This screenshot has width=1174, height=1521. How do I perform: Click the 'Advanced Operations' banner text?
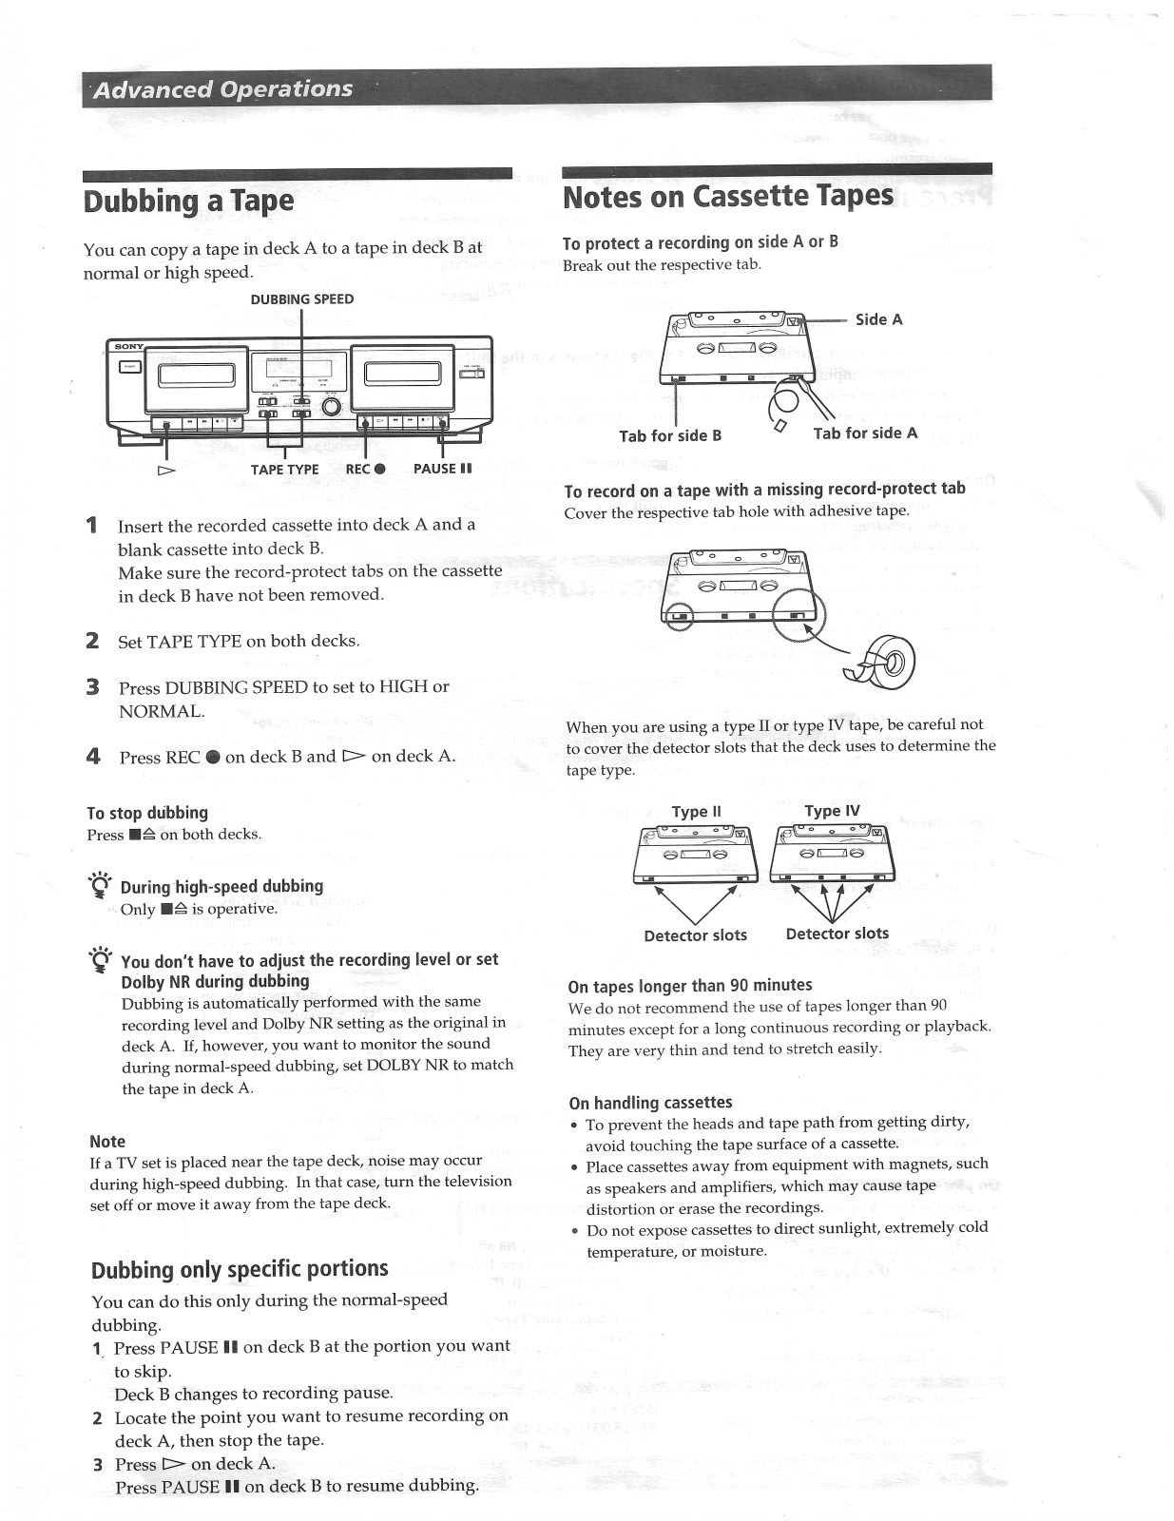(x=223, y=89)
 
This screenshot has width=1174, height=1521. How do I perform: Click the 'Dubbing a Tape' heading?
(x=188, y=201)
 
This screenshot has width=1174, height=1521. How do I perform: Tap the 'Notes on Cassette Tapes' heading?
(x=727, y=197)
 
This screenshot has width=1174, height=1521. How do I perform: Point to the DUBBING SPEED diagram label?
(x=301, y=299)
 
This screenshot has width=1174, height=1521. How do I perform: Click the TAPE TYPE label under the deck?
(x=284, y=469)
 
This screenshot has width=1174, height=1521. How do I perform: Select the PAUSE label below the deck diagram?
(x=442, y=469)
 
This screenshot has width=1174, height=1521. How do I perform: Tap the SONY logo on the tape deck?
(x=128, y=345)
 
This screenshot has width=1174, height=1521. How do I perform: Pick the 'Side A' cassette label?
(x=878, y=319)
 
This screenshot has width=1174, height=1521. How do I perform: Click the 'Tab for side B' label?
(x=670, y=435)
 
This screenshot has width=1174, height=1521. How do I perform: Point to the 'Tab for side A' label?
(x=865, y=433)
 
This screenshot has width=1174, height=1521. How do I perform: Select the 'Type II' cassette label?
(x=696, y=812)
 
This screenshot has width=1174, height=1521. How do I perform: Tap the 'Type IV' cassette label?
(x=832, y=811)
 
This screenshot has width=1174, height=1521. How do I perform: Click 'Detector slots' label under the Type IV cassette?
(x=837, y=934)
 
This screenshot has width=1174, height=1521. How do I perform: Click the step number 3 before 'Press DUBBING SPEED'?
(x=93, y=686)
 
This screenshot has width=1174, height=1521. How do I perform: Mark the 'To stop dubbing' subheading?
(x=146, y=813)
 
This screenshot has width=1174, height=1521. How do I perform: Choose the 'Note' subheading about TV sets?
(x=107, y=1141)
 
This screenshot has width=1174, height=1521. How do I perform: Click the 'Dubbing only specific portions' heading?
(x=240, y=1270)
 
